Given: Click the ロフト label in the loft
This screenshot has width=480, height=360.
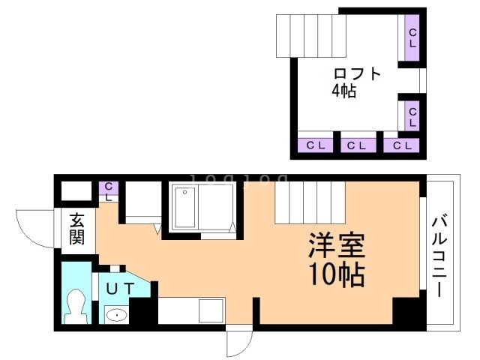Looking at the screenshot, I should pos(358,74).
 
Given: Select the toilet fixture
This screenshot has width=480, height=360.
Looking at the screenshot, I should pos(76,304).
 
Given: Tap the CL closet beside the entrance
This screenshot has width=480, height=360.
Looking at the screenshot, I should pos(109,191).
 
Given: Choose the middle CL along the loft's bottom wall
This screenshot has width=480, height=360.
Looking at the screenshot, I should pos(357,145).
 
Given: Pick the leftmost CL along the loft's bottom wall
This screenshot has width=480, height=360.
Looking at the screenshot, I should pos(314,145).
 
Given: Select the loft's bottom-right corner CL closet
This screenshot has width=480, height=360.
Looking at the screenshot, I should pos(400,145).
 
